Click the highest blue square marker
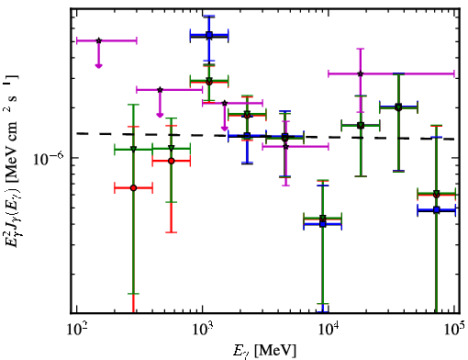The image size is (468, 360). (209, 35)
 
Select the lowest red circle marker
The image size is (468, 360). (322, 219)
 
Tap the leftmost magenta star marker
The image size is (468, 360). (98, 40)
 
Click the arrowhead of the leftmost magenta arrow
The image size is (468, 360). (98, 66)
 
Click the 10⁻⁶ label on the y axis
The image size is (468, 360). (49, 158)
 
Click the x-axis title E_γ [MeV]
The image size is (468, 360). (264, 350)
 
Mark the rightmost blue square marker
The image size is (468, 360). (437, 210)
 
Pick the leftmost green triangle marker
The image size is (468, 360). (133, 149)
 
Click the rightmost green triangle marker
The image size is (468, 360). (437, 193)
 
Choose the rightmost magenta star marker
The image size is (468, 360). (361, 73)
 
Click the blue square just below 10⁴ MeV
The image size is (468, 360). (322, 224)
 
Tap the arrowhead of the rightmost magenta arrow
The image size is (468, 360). (225, 129)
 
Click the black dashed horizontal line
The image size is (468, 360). (265, 136)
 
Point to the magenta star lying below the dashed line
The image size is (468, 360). (285, 147)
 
